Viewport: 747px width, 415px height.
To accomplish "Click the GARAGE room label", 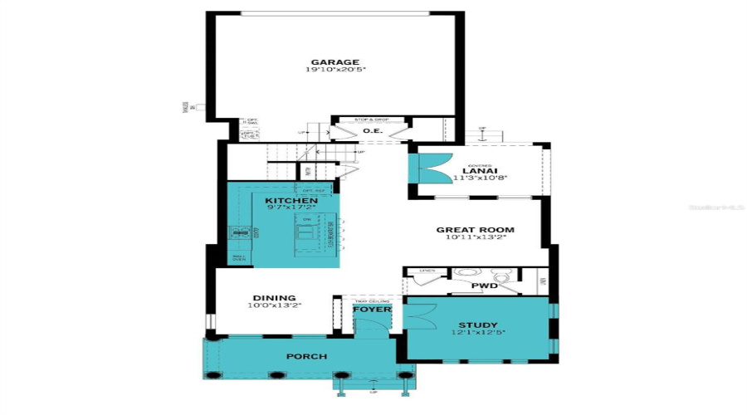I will click(x=334, y=62).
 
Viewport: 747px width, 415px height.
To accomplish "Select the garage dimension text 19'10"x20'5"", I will click(x=334, y=71).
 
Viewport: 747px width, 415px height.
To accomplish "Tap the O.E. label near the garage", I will click(x=372, y=129).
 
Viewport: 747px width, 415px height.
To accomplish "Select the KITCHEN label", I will click(x=290, y=201).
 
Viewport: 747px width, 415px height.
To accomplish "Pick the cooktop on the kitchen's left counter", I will click(x=241, y=234).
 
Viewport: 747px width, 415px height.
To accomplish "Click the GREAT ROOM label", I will click(x=476, y=230).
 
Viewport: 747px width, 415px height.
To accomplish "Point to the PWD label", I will click(x=484, y=286).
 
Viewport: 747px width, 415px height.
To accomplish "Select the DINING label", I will click(x=274, y=298).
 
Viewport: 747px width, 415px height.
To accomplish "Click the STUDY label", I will click(x=478, y=325).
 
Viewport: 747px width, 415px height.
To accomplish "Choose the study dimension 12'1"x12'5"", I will click(x=478, y=333).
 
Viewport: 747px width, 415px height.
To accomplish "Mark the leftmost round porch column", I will click(x=214, y=375).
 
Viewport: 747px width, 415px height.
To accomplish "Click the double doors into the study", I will click(x=420, y=316).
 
